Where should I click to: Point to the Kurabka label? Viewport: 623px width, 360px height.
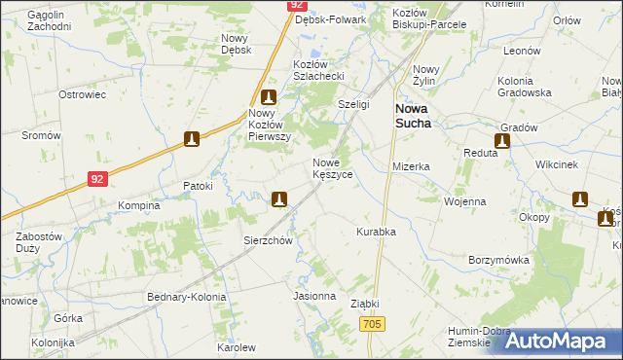pyautogui.click(x=375, y=232)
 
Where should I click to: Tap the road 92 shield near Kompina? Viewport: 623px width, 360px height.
pyautogui.click(x=96, y=179)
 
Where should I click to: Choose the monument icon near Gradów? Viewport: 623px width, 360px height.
pyautogui.click(x=502, y=141)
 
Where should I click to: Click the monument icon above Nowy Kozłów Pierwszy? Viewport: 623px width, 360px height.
pyautogui.click(x=269, y=97)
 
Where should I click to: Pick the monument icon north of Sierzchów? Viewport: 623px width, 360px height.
pyautogui.click(x=279, y=199)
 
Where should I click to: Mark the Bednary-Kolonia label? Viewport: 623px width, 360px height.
pyautogui.click(x=186, y=297)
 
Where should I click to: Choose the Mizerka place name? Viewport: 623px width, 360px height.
pyautogui.click(x=411, y=166)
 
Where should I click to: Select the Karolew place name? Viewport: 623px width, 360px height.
pyautogui.click(x=236, y=347)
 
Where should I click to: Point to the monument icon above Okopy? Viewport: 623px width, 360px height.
pyautogui.click(x=580, y=199)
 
